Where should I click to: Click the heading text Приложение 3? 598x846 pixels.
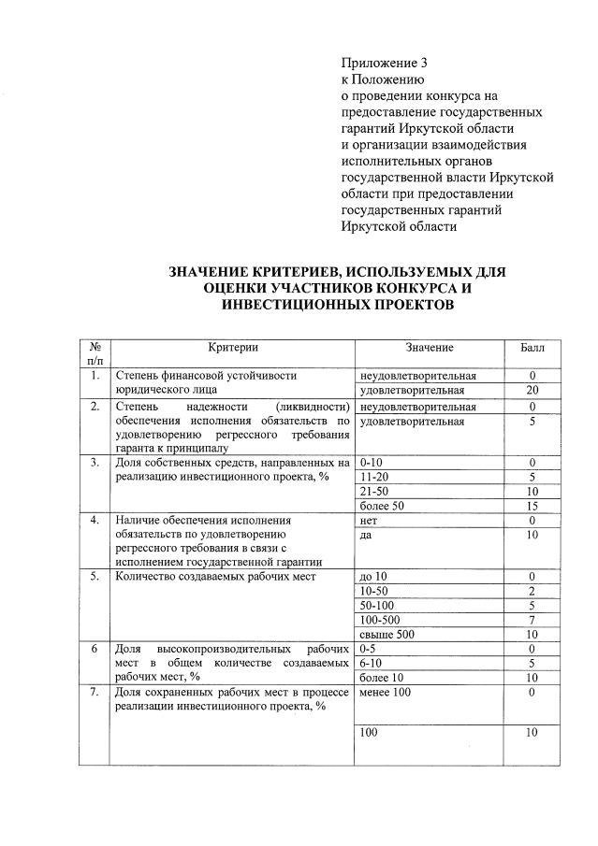384,64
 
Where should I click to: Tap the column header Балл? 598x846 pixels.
532,348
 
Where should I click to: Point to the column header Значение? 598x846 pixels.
430,348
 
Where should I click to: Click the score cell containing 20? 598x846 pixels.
532,390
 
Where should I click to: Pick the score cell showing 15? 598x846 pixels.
532,506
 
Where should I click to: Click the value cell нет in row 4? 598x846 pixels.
369,520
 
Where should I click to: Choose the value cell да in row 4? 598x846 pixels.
366,535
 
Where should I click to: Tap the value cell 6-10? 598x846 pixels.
372,663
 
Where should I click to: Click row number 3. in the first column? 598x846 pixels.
95,462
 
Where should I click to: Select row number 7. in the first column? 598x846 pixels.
95,692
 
